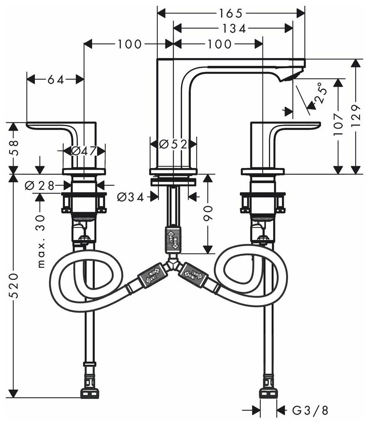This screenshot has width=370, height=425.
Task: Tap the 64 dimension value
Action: click(56, 80)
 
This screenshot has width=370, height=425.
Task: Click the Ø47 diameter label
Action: click(84, 151)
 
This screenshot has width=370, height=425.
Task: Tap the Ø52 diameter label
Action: click(174, 144)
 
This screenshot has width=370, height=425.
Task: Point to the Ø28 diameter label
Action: click(39, 186)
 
